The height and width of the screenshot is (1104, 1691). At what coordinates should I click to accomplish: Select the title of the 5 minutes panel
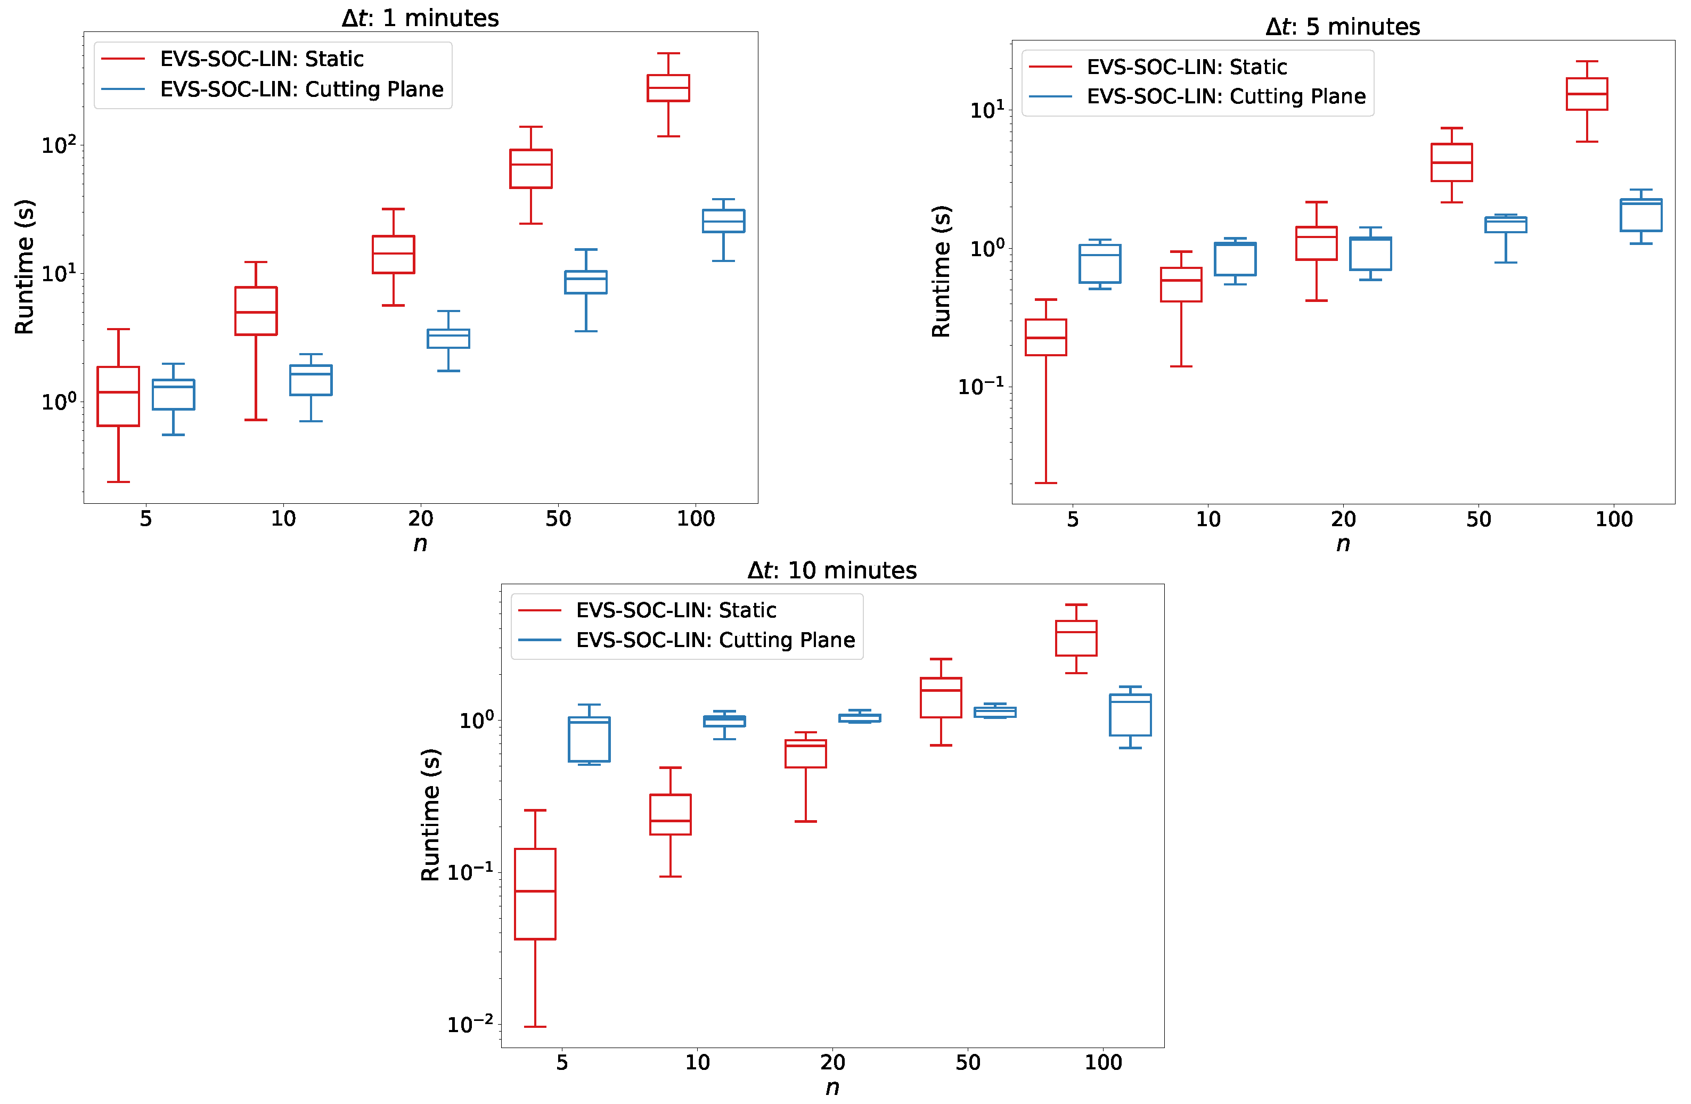1342,26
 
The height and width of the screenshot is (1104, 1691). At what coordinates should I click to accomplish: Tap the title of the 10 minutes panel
831,570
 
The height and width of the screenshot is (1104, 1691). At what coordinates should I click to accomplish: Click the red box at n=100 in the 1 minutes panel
668,88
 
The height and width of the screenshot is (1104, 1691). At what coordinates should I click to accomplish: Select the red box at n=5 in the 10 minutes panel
535,894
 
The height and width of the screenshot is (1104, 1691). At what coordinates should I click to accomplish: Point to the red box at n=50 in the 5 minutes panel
1451,162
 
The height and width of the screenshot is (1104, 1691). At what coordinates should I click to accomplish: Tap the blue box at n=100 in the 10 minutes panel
1130,715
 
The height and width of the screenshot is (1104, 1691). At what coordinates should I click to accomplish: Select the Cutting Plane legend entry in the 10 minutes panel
715,640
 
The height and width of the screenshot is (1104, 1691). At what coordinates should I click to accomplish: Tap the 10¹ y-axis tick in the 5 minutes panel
987,109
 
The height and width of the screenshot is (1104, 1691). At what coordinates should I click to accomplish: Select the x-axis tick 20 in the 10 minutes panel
832,1062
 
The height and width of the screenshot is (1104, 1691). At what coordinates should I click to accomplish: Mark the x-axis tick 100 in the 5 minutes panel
1614,519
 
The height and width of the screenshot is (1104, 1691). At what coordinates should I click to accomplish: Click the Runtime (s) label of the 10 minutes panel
430,814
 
